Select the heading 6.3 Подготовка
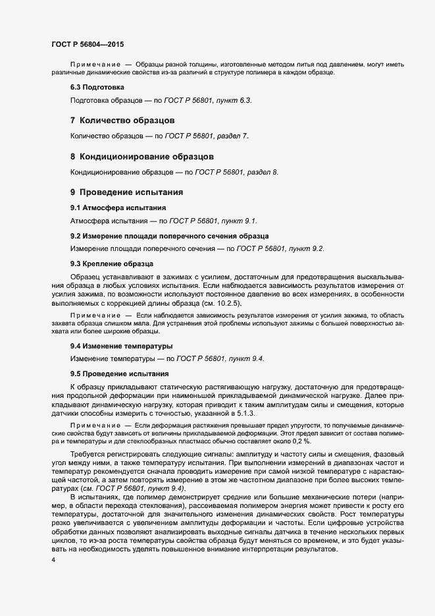point(97,88)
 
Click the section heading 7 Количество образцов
point(122,121)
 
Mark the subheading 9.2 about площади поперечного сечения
point(169,236)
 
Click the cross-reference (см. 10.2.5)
point(220,303)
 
